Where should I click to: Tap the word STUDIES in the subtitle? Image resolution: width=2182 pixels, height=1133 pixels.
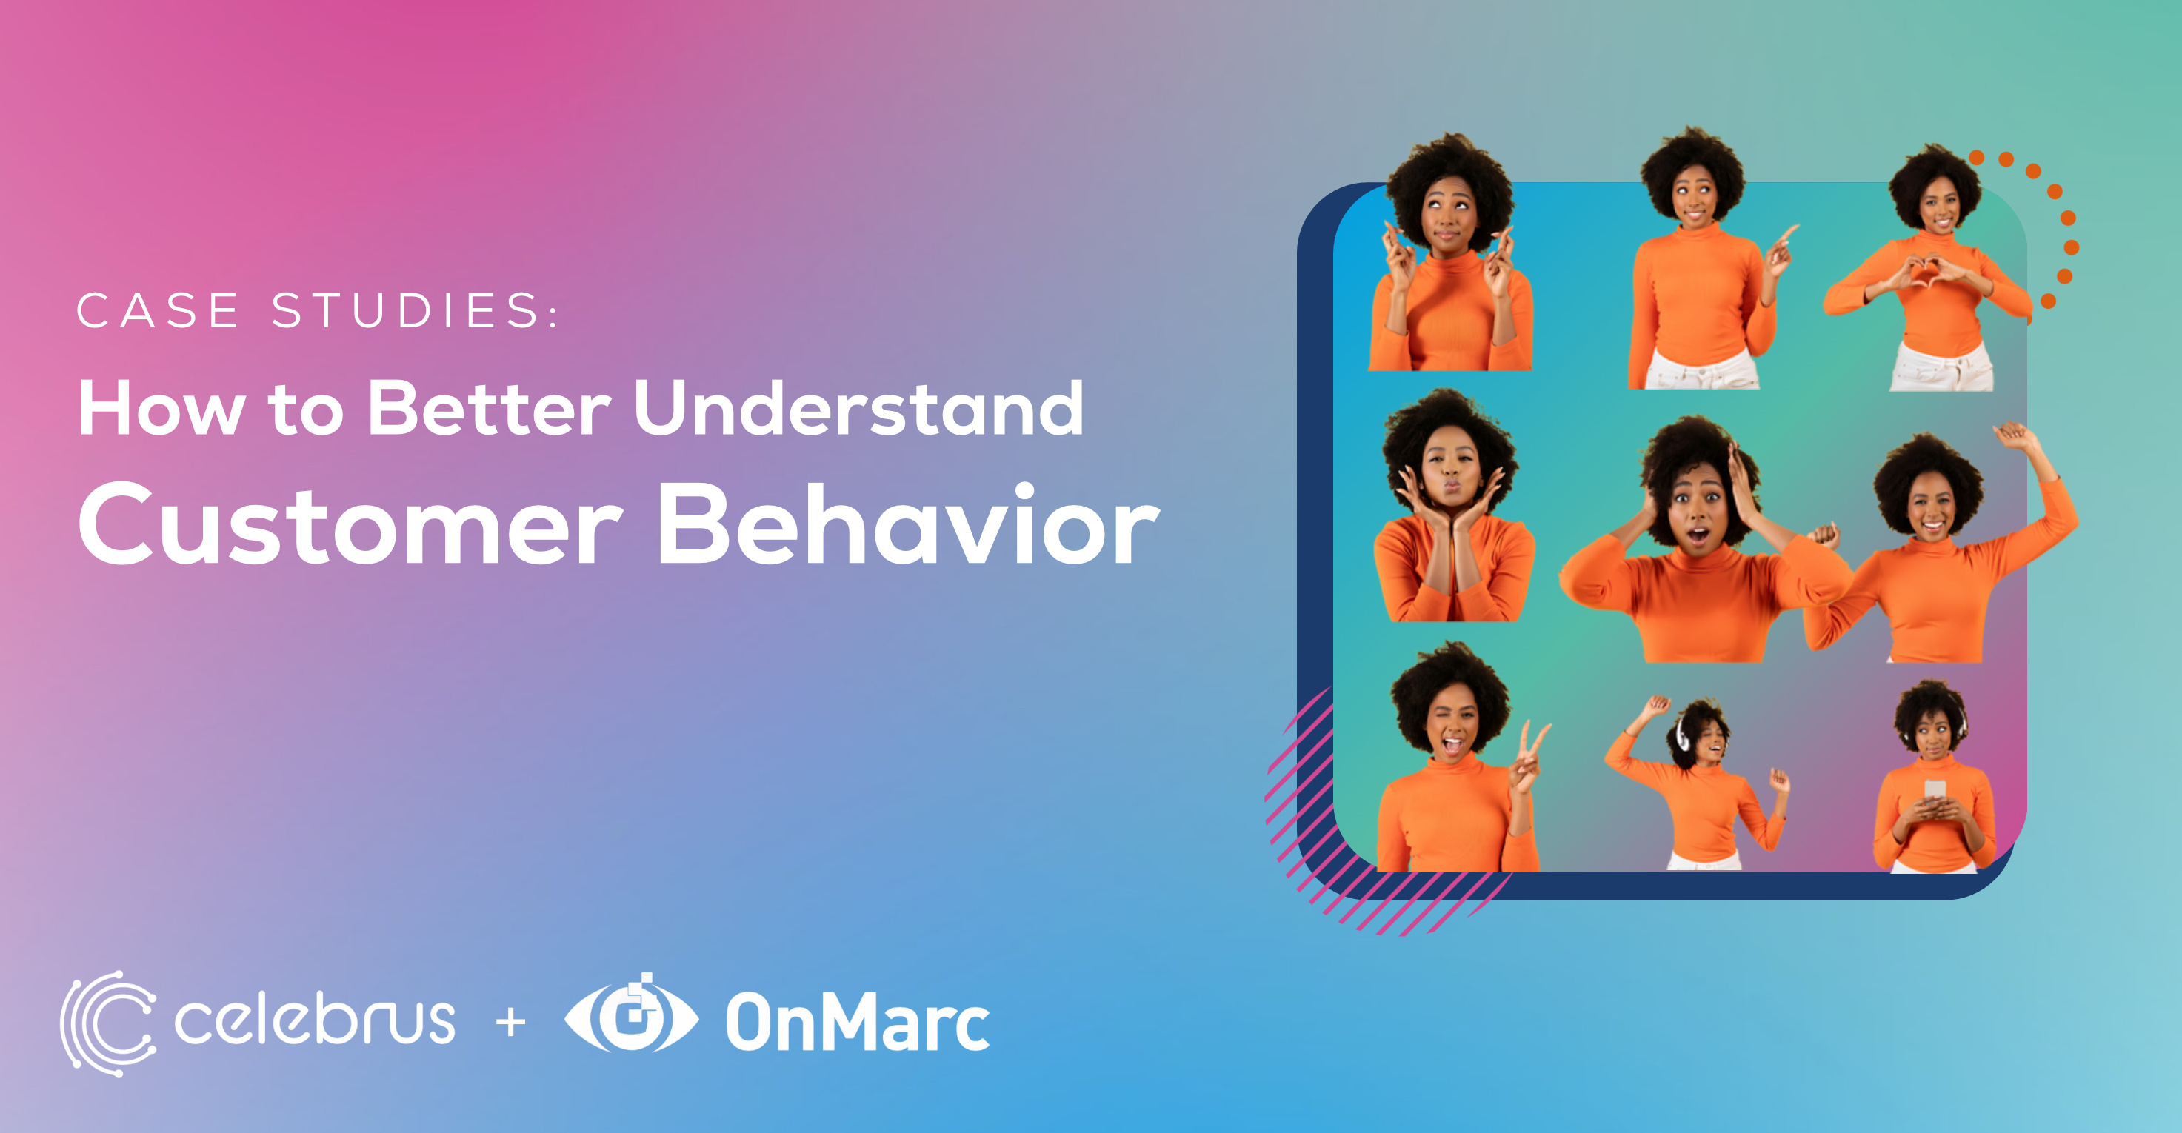coord(405,310)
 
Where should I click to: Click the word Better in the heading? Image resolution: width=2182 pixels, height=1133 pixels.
coord(489,409)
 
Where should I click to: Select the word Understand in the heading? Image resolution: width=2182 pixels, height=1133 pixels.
coord(858,409)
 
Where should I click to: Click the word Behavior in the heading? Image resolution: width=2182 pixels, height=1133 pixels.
coord(907,524)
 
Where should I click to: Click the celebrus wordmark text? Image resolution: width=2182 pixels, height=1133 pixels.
coord(314,1020)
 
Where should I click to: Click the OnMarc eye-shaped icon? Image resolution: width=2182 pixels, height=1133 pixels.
coord(631,1016)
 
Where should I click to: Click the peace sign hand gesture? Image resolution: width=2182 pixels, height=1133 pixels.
coord(1532,749)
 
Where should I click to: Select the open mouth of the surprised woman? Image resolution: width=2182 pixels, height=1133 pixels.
coord(1698,535)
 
